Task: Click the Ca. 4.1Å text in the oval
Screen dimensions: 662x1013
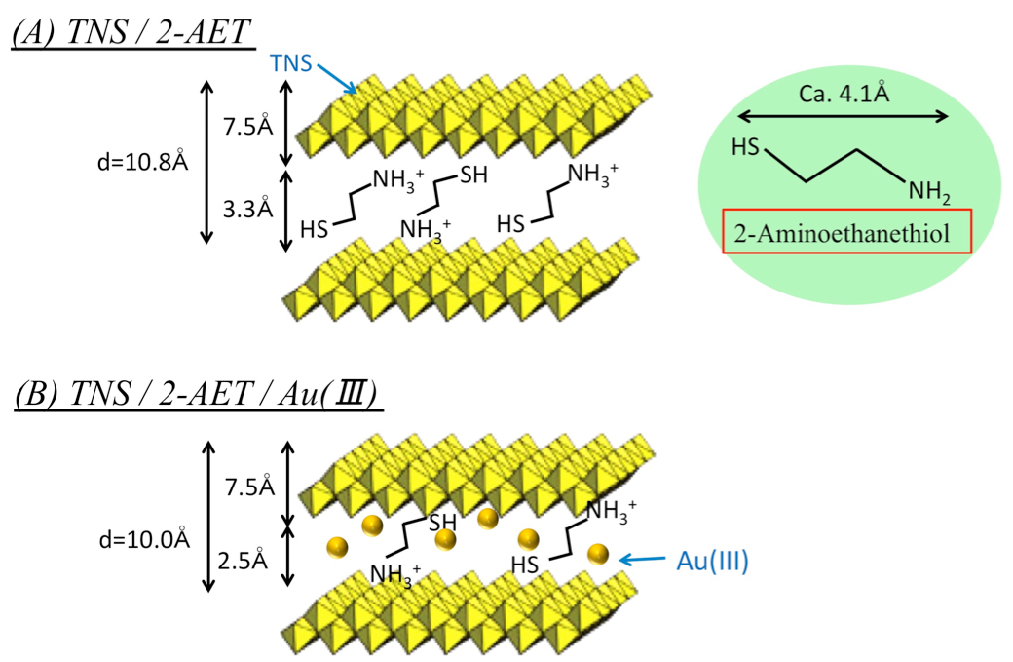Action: click(x=844, y=97)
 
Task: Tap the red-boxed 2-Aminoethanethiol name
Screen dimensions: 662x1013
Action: click(x=846, y=234)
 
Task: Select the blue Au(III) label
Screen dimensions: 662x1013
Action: click(x=711, y=561)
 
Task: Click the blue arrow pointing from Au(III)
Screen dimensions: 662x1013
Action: click(x=645, y=560)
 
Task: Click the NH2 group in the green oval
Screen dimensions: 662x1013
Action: click(x=929, y=193)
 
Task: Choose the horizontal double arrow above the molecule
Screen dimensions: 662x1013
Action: click(x=844, y=117)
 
